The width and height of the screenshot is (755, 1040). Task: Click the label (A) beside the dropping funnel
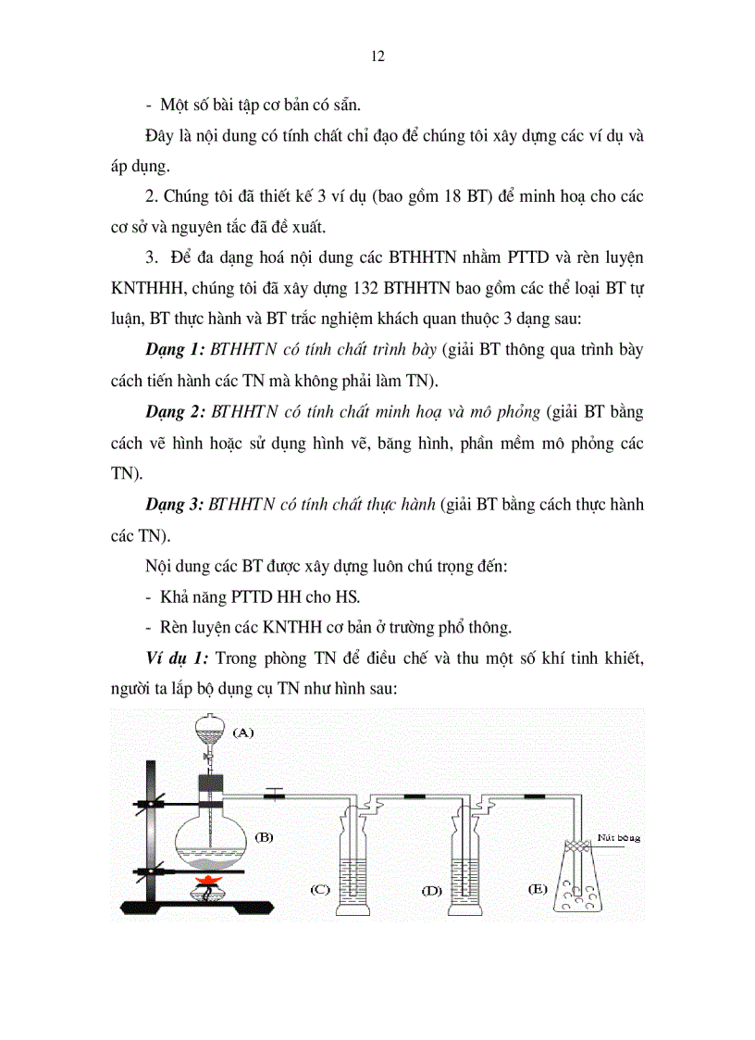tap(242, 732)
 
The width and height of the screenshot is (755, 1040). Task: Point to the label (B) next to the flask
tap(264, 836)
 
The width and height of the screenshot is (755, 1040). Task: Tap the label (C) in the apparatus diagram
tap(320, 890)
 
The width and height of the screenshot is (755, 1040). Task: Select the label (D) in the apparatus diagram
tap(431, 890)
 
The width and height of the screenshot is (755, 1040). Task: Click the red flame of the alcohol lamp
tap(211, 878)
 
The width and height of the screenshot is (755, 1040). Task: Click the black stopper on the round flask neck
tap(212, 784)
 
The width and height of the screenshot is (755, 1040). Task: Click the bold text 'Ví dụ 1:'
tap(178, 658)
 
